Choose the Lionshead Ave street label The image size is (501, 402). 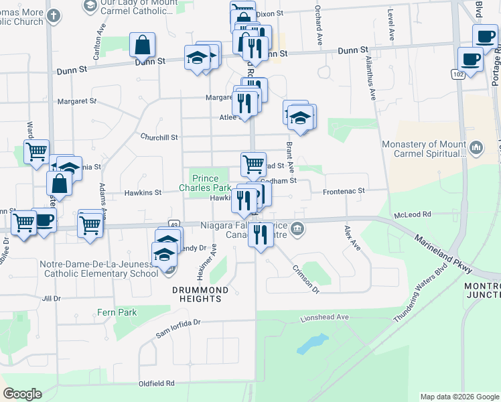point(325,317)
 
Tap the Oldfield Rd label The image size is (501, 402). point(156,383)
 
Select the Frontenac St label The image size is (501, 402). point(343,191)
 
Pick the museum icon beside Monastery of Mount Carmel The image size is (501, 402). point(476,145)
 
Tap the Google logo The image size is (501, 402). point(22,394)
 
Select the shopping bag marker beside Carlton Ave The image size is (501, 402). point(143,46)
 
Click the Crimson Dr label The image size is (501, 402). point(305,277)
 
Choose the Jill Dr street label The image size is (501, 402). point(51,298)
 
